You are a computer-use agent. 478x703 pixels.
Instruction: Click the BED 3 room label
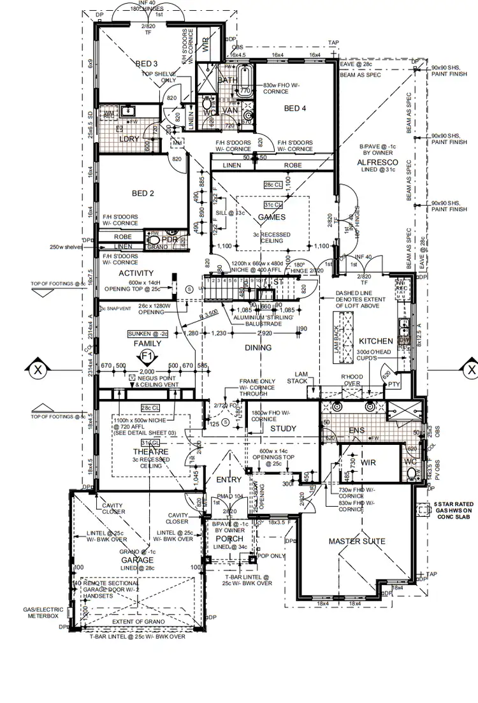(147, 64)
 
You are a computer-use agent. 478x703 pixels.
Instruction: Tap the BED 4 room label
(295, 108)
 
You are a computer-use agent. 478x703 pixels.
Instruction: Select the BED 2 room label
(143, 193)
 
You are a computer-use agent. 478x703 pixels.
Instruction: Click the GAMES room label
(272, 217)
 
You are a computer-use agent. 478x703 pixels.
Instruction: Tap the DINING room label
(257, 348)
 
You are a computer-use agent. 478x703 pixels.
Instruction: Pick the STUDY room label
(284, 428)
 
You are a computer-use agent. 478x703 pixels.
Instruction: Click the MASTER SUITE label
(356, 541)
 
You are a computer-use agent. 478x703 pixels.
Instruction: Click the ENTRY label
(229, 479)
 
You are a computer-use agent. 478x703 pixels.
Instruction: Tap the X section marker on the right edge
(471, 370)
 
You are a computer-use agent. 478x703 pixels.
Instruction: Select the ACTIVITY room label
(136, 273)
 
